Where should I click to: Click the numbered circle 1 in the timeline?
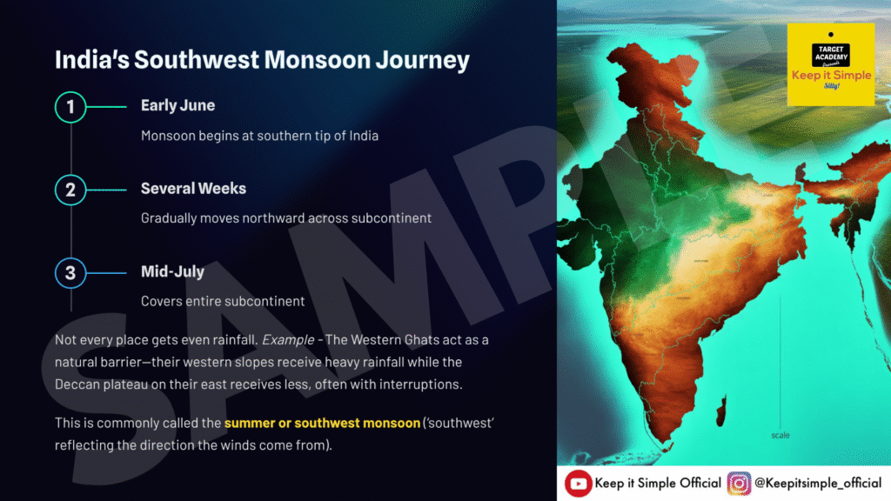click(x=70, y=107)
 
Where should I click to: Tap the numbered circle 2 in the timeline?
click(x=70, y=190)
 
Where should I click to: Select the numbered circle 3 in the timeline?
click(x=70, y=272)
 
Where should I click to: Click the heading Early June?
click(x=178, y=105)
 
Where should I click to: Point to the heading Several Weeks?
click(x=193, y=189)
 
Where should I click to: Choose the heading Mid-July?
click(x=173, y=271)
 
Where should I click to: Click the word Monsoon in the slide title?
click(x=317, y=60)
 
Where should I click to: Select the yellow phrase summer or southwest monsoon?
click(x=322, y=424)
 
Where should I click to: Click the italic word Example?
click(x=288, y=340)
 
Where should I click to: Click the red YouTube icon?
click(x=578, y=484)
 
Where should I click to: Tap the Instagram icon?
click(x=739, y=484)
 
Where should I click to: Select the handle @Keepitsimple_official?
click(x=818, y=484)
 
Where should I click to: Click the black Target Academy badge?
click(x=831, y=55)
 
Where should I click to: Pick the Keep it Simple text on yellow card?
click(x=831, y=75)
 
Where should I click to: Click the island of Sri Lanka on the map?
click(x=721, y=411)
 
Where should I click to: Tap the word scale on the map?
click(x=780, y=435)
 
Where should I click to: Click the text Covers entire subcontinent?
click(x=223, y=301)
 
